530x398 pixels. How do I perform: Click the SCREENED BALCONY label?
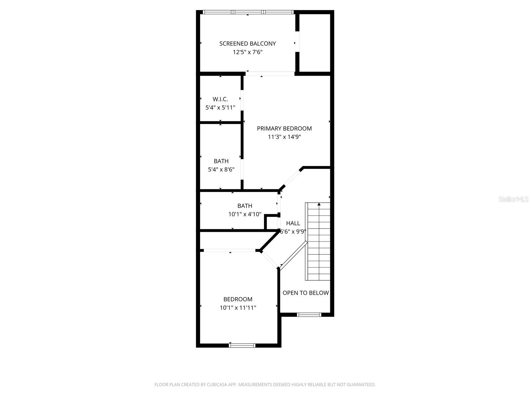pos(247,43)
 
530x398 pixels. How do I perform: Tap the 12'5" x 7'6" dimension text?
pos(247,52)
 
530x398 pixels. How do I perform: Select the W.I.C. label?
pos(220,99)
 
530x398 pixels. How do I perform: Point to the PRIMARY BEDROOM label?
pos(284,128)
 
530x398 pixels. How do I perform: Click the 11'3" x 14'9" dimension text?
pos(284,137)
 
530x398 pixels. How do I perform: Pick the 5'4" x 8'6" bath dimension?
pos(221,169)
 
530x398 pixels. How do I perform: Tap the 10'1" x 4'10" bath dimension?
pos(245,214)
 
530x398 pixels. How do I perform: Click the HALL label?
pos(293,223)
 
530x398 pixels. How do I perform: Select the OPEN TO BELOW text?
pos(305,293)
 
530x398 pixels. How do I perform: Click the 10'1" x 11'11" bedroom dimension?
pos(238,308)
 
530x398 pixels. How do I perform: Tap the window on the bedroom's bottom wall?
pos(242,345)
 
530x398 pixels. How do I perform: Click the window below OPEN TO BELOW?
pos(309,314)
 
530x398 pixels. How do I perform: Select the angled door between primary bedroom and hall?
pos(292,179)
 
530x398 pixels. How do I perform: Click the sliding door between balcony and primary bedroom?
pos(271,74)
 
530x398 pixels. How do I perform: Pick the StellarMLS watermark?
pos(513,199)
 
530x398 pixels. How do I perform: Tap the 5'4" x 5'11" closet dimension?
pos(220,107)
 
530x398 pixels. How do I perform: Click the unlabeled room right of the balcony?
pos(315,42)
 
